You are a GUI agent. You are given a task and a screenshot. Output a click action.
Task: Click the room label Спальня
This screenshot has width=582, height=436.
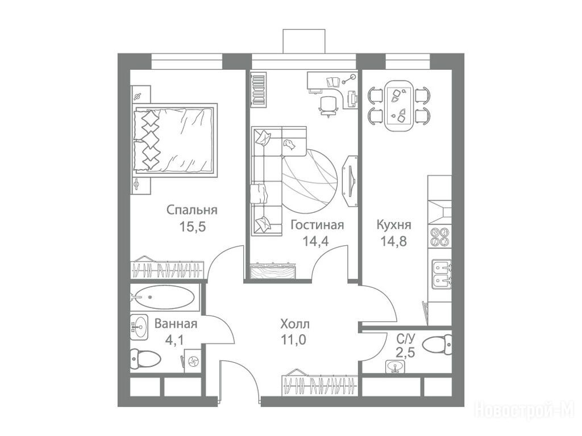pyautogui.click(x=192, y=210)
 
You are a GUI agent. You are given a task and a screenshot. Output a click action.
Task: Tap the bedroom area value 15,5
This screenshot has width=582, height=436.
pyautogui.click(x=192, y=226)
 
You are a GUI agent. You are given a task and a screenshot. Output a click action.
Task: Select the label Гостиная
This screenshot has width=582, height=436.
pyautogui.click(x=317, y=225)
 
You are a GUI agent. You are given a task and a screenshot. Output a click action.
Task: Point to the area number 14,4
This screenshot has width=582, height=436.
pyautogui.click(x=315, y=241)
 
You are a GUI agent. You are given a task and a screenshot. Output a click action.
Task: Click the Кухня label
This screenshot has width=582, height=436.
pyautogui.click(x=393, y=225)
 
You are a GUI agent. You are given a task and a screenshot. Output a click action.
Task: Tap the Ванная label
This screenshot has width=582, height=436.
pyautogui.click(x=176, y=324)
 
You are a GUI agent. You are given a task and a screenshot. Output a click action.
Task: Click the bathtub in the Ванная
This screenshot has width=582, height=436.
pyautogui.click(x=162, y=297)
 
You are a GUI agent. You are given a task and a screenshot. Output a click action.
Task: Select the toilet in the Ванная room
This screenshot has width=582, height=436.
pyautogui.click(x=145, y=359)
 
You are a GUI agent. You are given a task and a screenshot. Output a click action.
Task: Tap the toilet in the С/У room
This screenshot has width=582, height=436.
pyautogui.click(x=438, y=343)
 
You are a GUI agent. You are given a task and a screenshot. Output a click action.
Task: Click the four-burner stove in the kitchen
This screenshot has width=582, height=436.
pyautogui.click(x=440, y=237)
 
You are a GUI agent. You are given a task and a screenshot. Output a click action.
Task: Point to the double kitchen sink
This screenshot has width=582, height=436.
pyautogui.click(x=442, y=275)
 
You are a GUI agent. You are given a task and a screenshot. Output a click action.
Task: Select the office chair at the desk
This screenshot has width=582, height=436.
pyautogui.click(x=329, y=105)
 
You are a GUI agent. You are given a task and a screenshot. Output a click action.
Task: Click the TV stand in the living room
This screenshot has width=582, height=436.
pyautogui.click(x=350, y=180)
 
